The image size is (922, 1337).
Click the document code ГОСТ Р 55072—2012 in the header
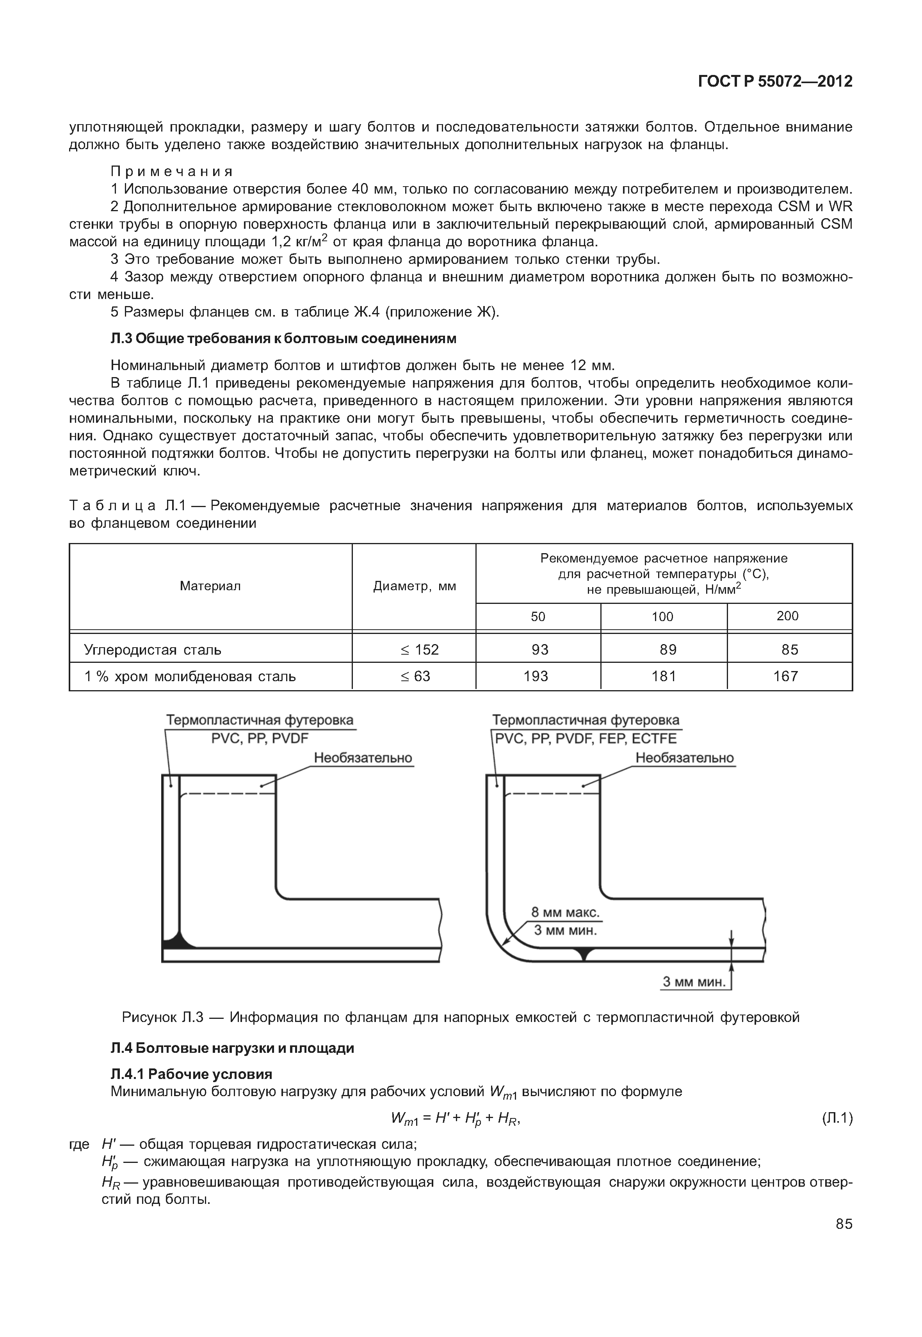775,82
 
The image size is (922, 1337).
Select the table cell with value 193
536,676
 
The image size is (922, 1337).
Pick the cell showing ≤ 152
420,650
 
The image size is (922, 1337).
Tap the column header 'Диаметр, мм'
414,586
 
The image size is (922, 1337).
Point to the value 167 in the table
786,676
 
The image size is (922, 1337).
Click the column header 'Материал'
210,586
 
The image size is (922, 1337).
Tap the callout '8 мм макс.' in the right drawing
566,913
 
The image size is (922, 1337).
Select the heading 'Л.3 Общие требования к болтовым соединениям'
283,338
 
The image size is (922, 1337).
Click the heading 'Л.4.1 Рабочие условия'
191,1074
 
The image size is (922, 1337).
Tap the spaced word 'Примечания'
172,172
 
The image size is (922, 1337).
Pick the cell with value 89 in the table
668,650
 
